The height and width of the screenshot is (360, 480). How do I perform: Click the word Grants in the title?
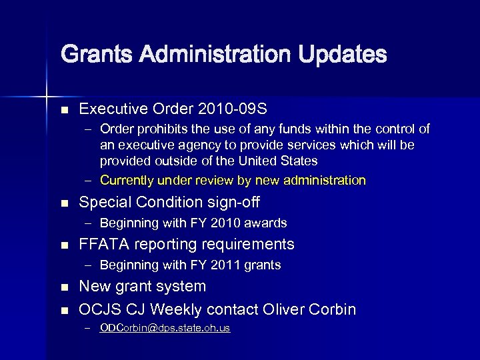(91, 54)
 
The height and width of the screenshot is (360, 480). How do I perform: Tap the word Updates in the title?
(343, 54)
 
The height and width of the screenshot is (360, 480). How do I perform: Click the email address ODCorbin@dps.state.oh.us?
(165, 328)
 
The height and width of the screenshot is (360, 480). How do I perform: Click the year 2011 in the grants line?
(227, 265)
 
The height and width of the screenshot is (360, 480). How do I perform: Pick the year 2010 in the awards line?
(227, 223)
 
